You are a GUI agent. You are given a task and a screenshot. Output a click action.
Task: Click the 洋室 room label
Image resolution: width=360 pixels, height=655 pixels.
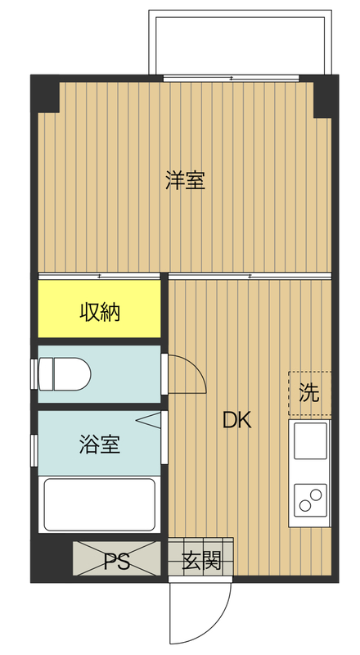pos(185,180)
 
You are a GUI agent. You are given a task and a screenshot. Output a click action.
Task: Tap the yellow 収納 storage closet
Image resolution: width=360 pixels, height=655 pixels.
pos(99,311)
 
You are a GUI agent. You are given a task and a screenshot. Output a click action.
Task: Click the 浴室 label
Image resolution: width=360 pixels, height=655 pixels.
pos(100,445)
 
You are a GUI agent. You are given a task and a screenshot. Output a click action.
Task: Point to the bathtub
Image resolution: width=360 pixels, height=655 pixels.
pos(99,504)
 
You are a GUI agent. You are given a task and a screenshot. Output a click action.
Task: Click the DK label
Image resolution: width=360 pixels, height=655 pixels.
pos(236,421)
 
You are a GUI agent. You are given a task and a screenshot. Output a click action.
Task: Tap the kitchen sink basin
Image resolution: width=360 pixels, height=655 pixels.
pos(310,441)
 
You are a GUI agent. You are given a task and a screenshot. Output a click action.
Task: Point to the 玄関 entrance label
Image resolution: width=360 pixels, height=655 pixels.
pos(200,561)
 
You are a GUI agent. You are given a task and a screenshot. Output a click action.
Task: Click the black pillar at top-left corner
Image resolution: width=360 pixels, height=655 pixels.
pos(45,93)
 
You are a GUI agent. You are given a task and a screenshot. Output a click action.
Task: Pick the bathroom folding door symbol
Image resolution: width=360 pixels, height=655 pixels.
pos(148,420)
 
